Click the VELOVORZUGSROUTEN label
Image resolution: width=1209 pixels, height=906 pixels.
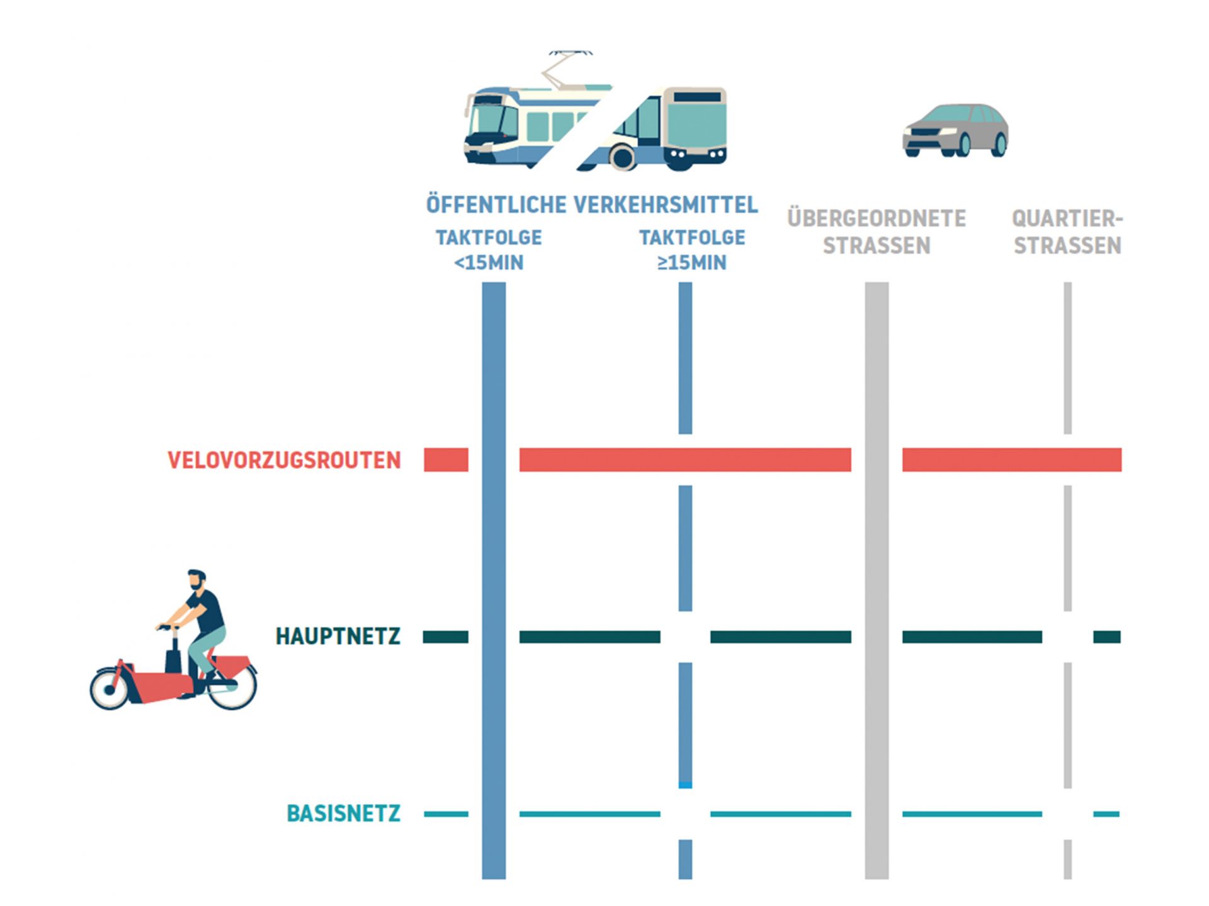284,460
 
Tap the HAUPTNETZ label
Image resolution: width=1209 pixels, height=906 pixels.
338,637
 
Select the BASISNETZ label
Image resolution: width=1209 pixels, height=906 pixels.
343,813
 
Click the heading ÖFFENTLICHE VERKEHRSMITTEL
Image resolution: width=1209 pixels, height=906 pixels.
591,205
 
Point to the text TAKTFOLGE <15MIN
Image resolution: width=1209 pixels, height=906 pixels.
489,250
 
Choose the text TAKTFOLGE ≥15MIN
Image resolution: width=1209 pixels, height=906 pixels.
691,250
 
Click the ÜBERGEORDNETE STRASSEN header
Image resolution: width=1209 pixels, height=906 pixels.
876,232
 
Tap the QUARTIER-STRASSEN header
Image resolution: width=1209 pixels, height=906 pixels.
1067,232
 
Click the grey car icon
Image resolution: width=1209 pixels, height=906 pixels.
955,130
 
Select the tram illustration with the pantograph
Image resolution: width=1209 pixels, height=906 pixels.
523,126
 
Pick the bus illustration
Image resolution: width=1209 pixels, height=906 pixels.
667,129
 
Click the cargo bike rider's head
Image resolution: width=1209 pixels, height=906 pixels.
197,579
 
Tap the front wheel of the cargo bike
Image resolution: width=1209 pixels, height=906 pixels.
110,689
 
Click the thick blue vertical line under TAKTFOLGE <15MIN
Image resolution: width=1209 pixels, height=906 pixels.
494,567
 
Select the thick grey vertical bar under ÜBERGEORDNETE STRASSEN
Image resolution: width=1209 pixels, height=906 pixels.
877,567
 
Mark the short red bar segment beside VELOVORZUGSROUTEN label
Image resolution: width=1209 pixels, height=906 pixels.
446,460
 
